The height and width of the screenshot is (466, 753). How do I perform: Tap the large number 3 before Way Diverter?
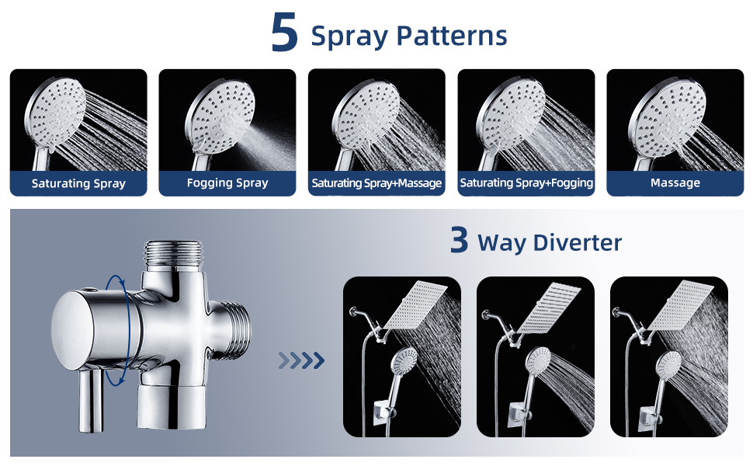point(460,241)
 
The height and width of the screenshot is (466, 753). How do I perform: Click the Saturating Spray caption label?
point(78,184)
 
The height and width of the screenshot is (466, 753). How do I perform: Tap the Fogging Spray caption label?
point(227,183)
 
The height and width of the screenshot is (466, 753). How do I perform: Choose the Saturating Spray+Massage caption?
point(376,183)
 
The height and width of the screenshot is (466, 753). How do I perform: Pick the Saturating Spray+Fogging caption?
point(526,183)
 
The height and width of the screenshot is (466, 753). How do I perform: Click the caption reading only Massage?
point(675,183)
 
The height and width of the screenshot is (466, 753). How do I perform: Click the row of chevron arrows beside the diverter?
point(301,360)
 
